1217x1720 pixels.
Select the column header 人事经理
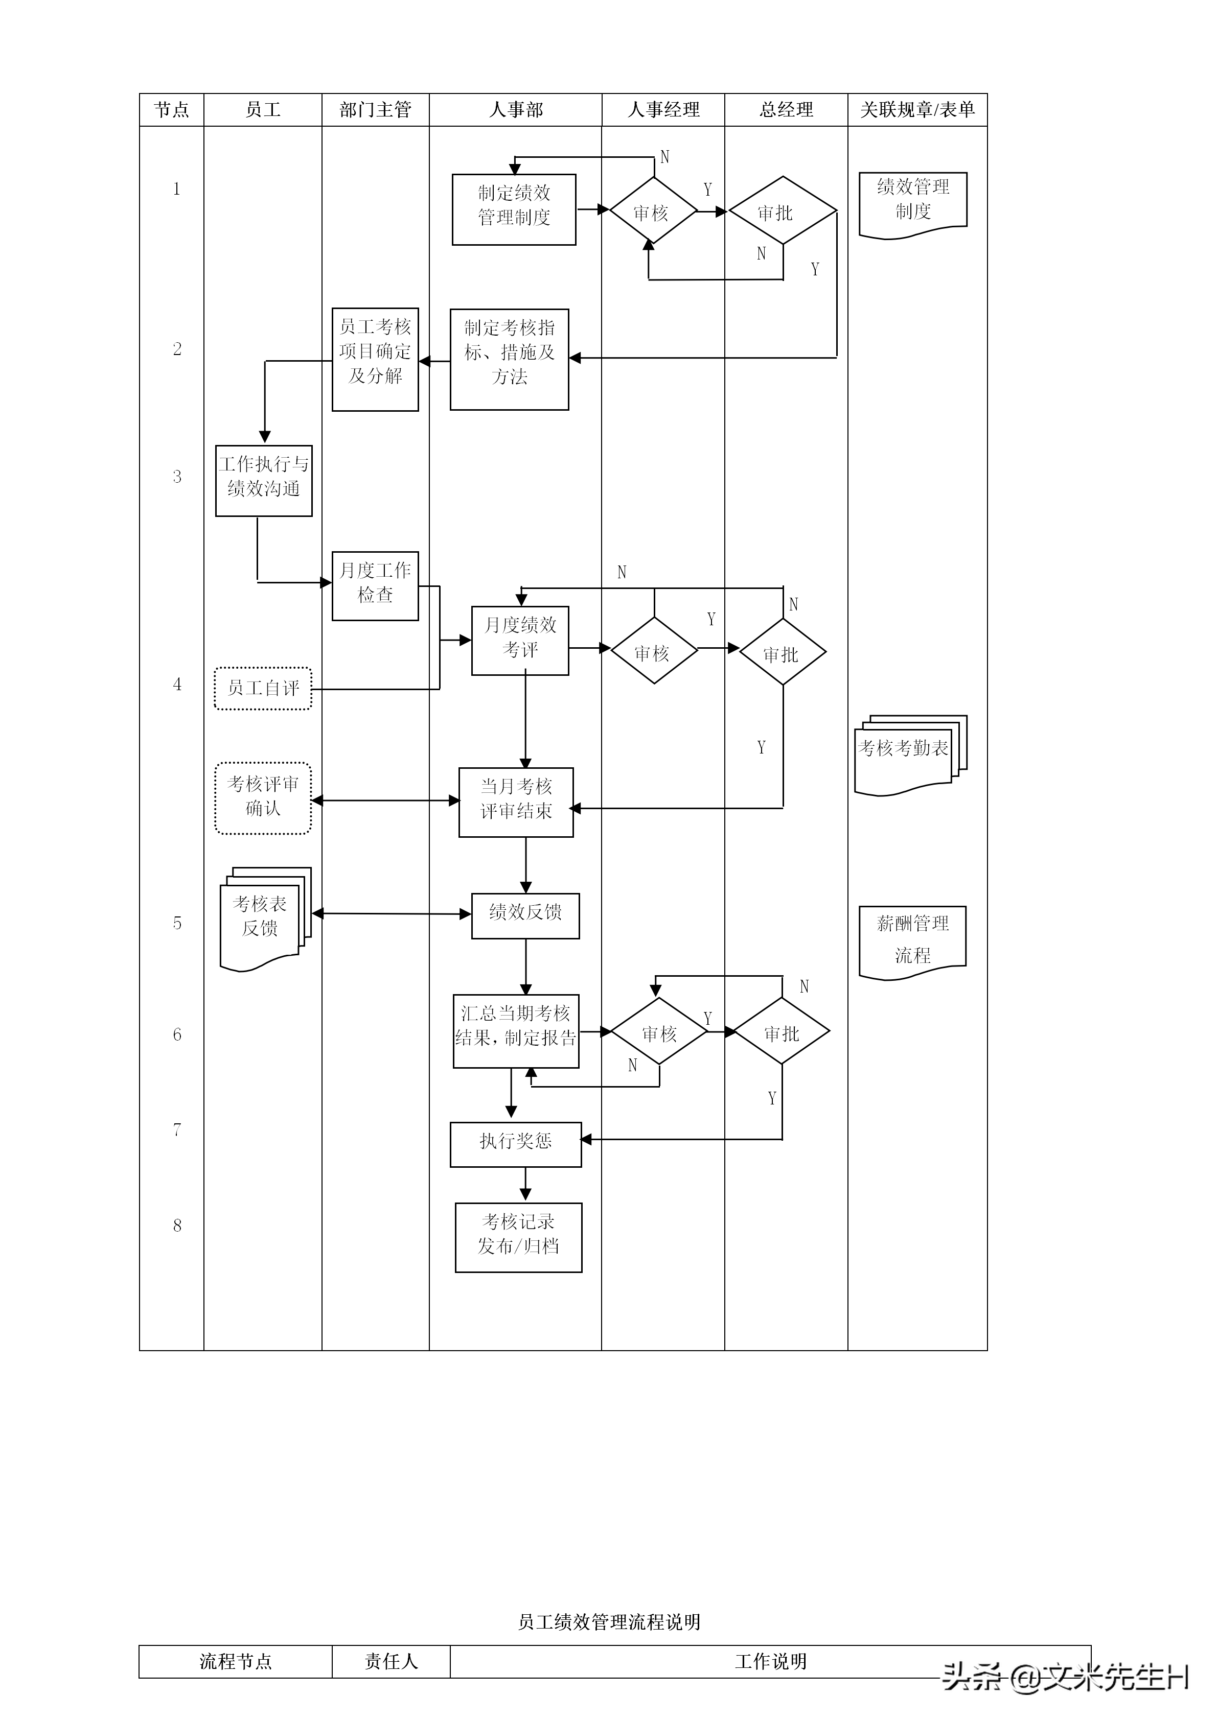click(x=663, y=110)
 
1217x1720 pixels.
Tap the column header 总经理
click(x=786, y=110)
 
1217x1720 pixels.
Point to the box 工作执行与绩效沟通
click(x=264, y=480)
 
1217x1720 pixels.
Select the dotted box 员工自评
click(x=263, y=688)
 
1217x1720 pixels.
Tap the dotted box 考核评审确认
click(x=263, y=798)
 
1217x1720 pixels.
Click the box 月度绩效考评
click(x=520, y=641)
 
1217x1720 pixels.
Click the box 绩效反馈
click(x=525, y=915)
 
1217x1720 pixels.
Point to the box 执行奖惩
click(x=516, y=1144)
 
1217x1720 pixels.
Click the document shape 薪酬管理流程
click(x=913, y=939)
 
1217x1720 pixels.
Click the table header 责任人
click(x=391, y=1662)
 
